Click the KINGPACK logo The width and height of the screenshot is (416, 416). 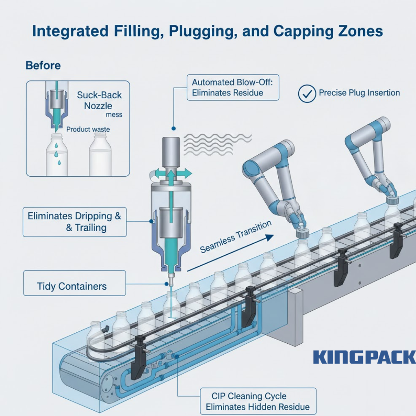pyautogui.click(x=364, y=357)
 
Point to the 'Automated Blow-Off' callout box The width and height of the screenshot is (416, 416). pyautogui.click(x=233, y=87)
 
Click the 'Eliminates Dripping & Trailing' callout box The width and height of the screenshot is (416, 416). pyautogui.click(x=74, y=222)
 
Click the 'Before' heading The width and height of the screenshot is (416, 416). pyautogui.click(x=43, y=65)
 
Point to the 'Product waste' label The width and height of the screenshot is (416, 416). pyautogui.click(x=88, y=129)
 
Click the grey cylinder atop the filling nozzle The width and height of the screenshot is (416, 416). pyautogui.click(x=171, y=151)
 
